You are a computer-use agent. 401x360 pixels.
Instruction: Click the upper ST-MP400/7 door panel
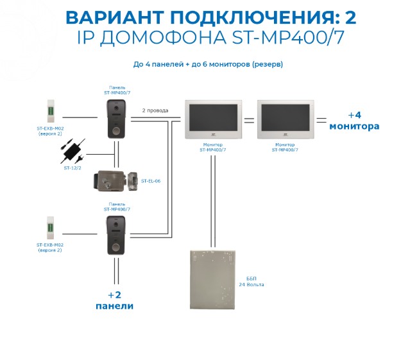(x=117, y=119)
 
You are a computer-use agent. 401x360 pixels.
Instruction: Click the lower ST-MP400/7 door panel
(x=117, y=235)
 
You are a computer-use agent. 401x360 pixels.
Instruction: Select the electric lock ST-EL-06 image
(x=115, y=181)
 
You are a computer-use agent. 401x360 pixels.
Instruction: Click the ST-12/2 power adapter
(x=73, y=151)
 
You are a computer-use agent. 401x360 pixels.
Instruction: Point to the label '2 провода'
(x=155, y=110)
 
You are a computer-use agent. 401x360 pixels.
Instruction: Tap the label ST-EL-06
(x=151, y=181)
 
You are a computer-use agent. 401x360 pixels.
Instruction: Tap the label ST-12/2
(x=72, y=168)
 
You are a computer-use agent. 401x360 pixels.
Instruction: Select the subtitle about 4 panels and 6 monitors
(x=208, y=64)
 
